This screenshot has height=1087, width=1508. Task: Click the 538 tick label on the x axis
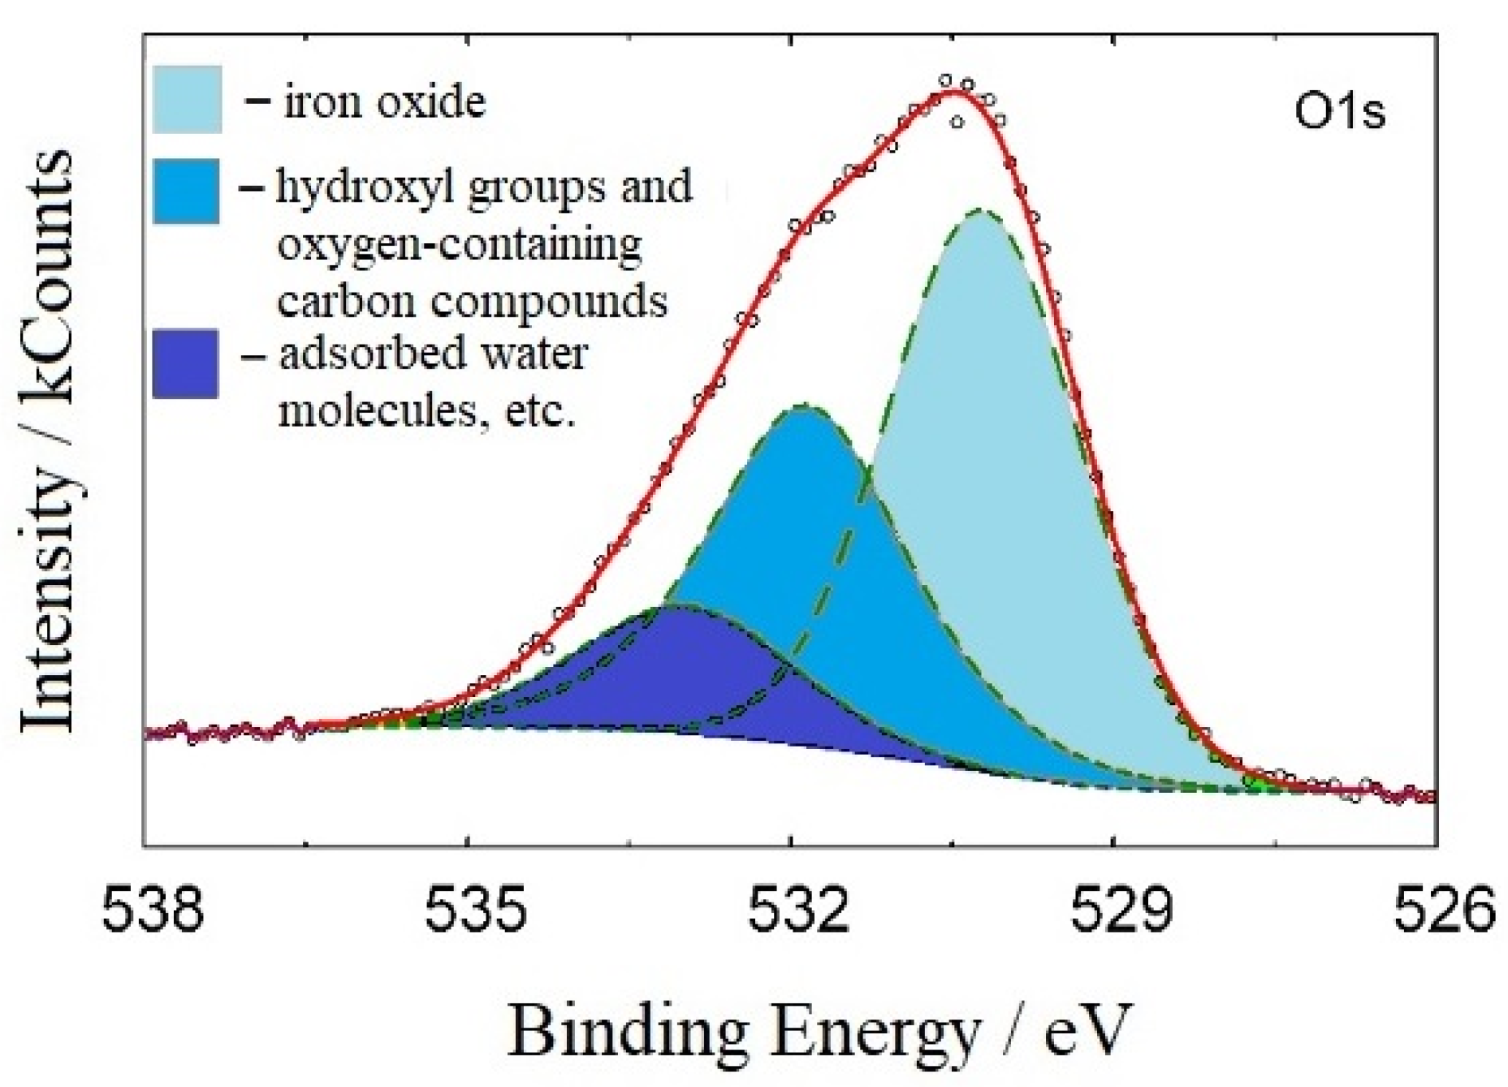[x=153, y=909]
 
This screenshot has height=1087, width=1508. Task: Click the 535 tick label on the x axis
[x=476, y=909]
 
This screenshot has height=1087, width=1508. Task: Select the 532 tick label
[x=798, y=909]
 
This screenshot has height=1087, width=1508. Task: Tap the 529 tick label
[x=1121, y=909]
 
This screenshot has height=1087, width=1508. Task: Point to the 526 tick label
[x=1443, y=909]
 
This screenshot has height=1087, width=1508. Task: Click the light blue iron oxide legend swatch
[x=187, y=99]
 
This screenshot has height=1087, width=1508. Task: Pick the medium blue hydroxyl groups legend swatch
[x=186, y=191]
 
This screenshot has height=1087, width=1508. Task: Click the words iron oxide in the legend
[x=384, y=103]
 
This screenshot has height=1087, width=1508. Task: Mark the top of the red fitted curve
[x=955, y=91]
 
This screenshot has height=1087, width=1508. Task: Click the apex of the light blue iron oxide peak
[x=981, y=210]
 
